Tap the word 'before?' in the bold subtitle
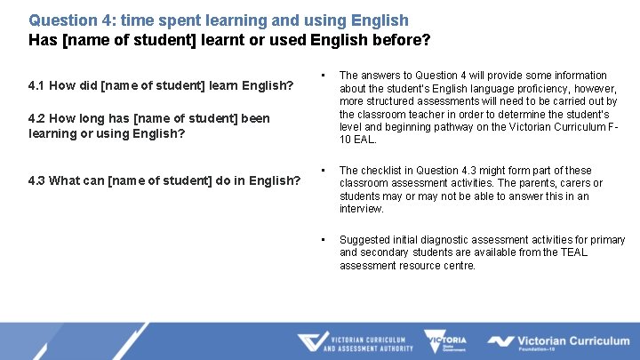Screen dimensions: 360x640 tap(399, 40)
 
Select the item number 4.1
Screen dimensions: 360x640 tap(37, 86)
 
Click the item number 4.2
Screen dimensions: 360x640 tap(37, 119)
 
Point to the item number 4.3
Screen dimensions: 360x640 tap(37, 181)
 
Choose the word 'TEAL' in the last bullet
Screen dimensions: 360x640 tap(574, 252)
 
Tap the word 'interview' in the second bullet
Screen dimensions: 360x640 tap(361, 209)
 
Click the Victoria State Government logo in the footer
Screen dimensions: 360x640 tap(445, 342)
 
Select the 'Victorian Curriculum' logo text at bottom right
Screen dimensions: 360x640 tap(572, 340)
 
